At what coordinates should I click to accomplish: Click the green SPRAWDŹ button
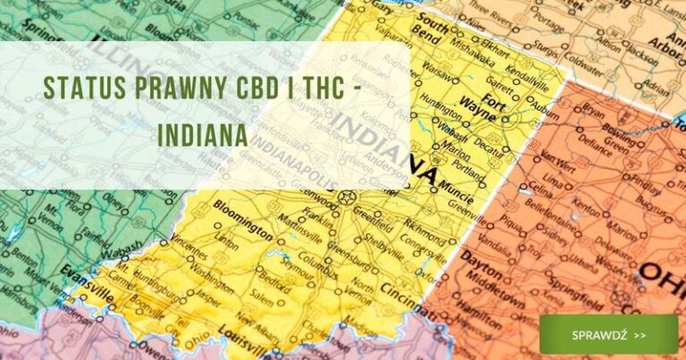pyautogui.click(x=608, y=334)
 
